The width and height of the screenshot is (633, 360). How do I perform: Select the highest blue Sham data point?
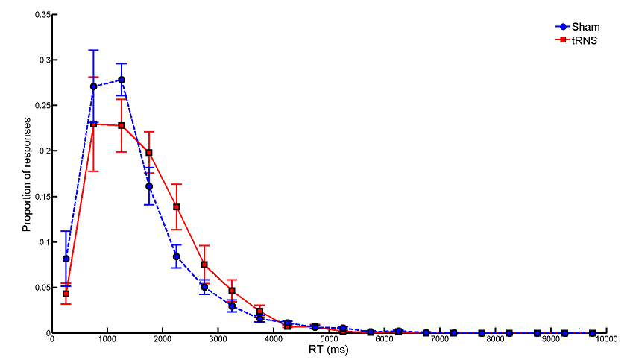[122, 80]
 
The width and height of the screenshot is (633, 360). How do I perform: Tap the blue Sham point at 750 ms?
[94, 86]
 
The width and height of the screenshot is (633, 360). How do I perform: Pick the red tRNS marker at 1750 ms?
[149, 153]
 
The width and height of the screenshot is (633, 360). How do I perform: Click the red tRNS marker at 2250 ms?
[177, 206]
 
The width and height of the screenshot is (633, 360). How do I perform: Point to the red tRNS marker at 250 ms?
[66, 294]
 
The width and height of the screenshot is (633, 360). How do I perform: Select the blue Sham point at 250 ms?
[66, 259]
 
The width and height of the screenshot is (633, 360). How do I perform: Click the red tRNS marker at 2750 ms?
[204, 265]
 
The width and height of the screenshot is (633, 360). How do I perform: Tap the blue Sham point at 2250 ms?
[177, 256]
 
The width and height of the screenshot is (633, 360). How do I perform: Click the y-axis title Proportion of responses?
[28, 174]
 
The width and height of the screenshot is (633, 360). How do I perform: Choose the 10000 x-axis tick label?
[606, 340]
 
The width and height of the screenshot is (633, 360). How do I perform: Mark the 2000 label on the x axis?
[163, 340]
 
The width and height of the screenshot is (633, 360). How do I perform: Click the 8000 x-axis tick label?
[496, 340]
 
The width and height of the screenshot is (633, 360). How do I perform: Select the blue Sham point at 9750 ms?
[593, 332]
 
